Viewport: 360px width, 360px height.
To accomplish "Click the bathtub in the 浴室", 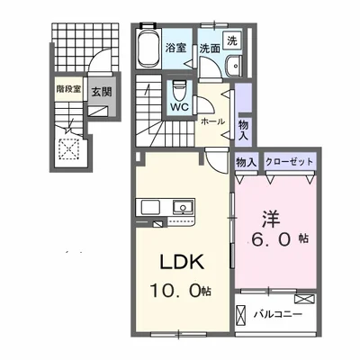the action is click(148, 48).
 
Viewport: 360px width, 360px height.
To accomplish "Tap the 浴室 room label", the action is click(175, 48).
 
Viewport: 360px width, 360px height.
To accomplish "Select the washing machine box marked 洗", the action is click(232, 40).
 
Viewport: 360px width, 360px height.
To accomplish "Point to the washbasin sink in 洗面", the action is click(234, 66).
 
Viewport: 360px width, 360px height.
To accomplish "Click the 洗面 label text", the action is click(210, 49).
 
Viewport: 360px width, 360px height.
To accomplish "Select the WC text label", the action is click(180, 107).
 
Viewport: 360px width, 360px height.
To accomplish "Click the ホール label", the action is click(212, 121).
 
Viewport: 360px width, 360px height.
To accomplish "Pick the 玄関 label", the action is click(102, 92).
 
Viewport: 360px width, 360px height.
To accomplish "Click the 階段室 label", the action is click(68, 89).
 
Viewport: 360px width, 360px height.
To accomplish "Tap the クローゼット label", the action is click(289, 162).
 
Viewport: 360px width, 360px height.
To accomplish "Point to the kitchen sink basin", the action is click(182, 207).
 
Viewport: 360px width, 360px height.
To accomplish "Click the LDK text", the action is click(182, 262).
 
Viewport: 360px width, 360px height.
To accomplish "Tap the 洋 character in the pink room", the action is click(272, 219).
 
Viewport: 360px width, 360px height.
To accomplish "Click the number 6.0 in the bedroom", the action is click(272, 239).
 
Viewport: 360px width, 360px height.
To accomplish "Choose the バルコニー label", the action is click(278, 315).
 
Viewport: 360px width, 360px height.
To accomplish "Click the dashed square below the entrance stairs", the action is click(69, 148).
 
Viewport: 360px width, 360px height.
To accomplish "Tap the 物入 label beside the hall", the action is click(243, 130).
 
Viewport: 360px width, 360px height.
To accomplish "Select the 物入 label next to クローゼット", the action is click(247, 162).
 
